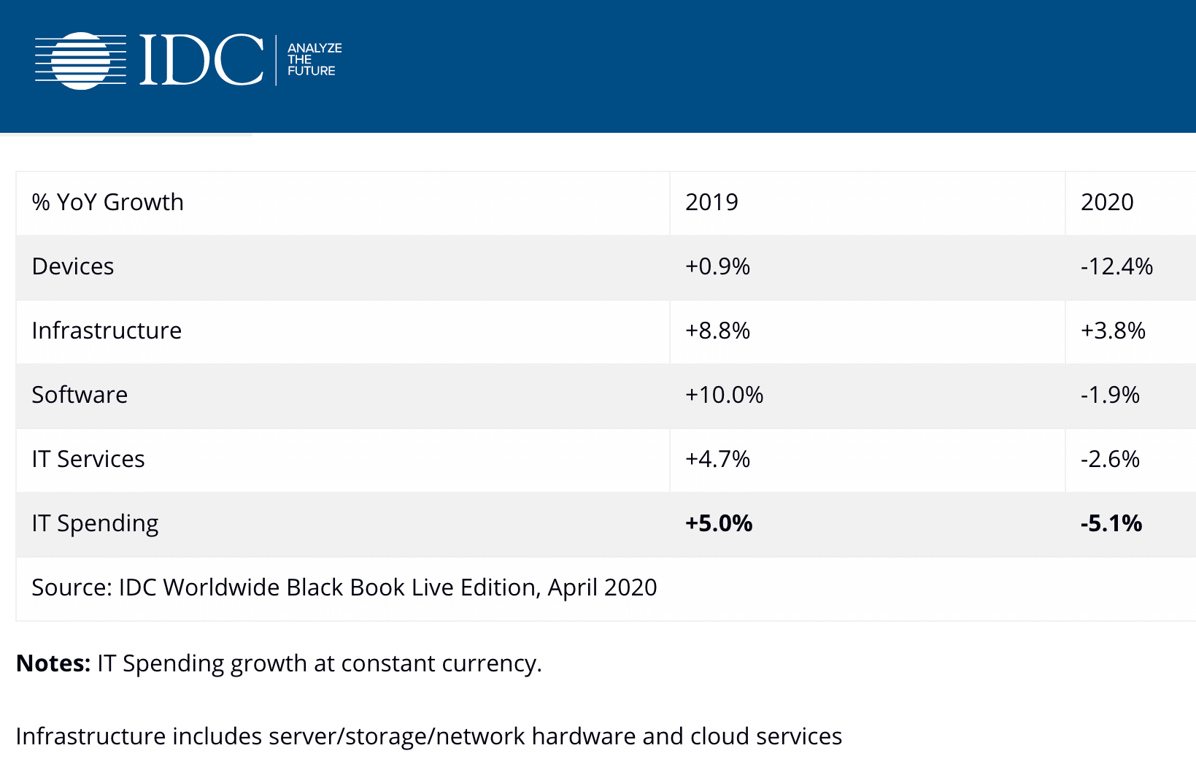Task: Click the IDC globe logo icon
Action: [x=81, y=61]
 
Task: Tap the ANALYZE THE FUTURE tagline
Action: [x=314, y=60]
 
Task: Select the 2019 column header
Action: [x=711, y=202]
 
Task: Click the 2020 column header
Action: [x=1107, y=202]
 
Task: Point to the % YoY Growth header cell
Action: [x=108, y=202]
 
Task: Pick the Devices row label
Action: [x=73, y=266]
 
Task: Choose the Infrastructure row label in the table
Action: [x=107, y=331]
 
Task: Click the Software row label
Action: [x=80, y=395]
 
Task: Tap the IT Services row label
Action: [x=88, y=459]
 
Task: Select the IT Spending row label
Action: [x=95, y=523]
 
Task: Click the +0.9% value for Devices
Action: [x=717, y=266]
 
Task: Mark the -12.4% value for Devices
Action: [x=1116, y=266]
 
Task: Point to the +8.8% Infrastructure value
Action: [x=717, y=331]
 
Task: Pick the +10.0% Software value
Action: [x=724, y=395]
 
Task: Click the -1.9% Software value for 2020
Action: [x=1110, y=395]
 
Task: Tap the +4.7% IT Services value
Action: [x=717, y=459]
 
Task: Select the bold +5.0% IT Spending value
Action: [x=719, y=523]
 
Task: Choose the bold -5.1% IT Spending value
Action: [x=1111, y=523]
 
